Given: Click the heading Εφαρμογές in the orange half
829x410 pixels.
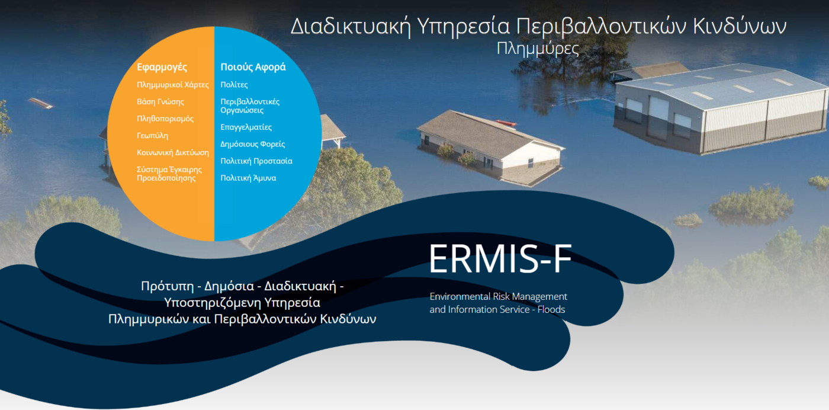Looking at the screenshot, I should pos(162,67).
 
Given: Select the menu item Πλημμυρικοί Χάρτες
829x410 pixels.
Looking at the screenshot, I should pos(173,85).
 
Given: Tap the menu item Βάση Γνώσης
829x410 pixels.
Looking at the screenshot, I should pos(160,102).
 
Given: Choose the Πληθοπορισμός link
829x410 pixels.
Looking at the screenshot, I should pos(165,118).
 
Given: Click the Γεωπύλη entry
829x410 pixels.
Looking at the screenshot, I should pos(153,136).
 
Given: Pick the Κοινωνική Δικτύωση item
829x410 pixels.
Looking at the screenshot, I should pos(173,152).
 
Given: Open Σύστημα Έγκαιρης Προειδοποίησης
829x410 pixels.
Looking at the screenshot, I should pos(169,174).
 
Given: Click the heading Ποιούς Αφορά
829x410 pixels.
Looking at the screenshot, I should pos(253,67).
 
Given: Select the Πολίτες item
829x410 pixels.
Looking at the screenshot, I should pos(234,85).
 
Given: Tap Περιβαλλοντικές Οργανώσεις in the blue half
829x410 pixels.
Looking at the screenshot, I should pos(250,106).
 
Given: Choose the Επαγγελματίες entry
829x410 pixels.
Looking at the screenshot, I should pos(246,127).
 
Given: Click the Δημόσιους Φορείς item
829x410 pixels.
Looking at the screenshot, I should pos(253,144).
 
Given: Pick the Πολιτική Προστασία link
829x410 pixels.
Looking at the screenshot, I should pos(256,161).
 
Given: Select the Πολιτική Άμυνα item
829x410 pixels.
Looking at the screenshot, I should pos(248,178).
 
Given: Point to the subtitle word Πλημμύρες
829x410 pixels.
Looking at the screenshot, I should pos(538,49).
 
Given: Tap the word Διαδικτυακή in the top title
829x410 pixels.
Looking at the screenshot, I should pos(350,27).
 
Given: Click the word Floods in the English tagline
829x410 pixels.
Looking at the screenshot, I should pos(551,309).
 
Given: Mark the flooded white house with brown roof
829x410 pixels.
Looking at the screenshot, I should pos(489,145).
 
